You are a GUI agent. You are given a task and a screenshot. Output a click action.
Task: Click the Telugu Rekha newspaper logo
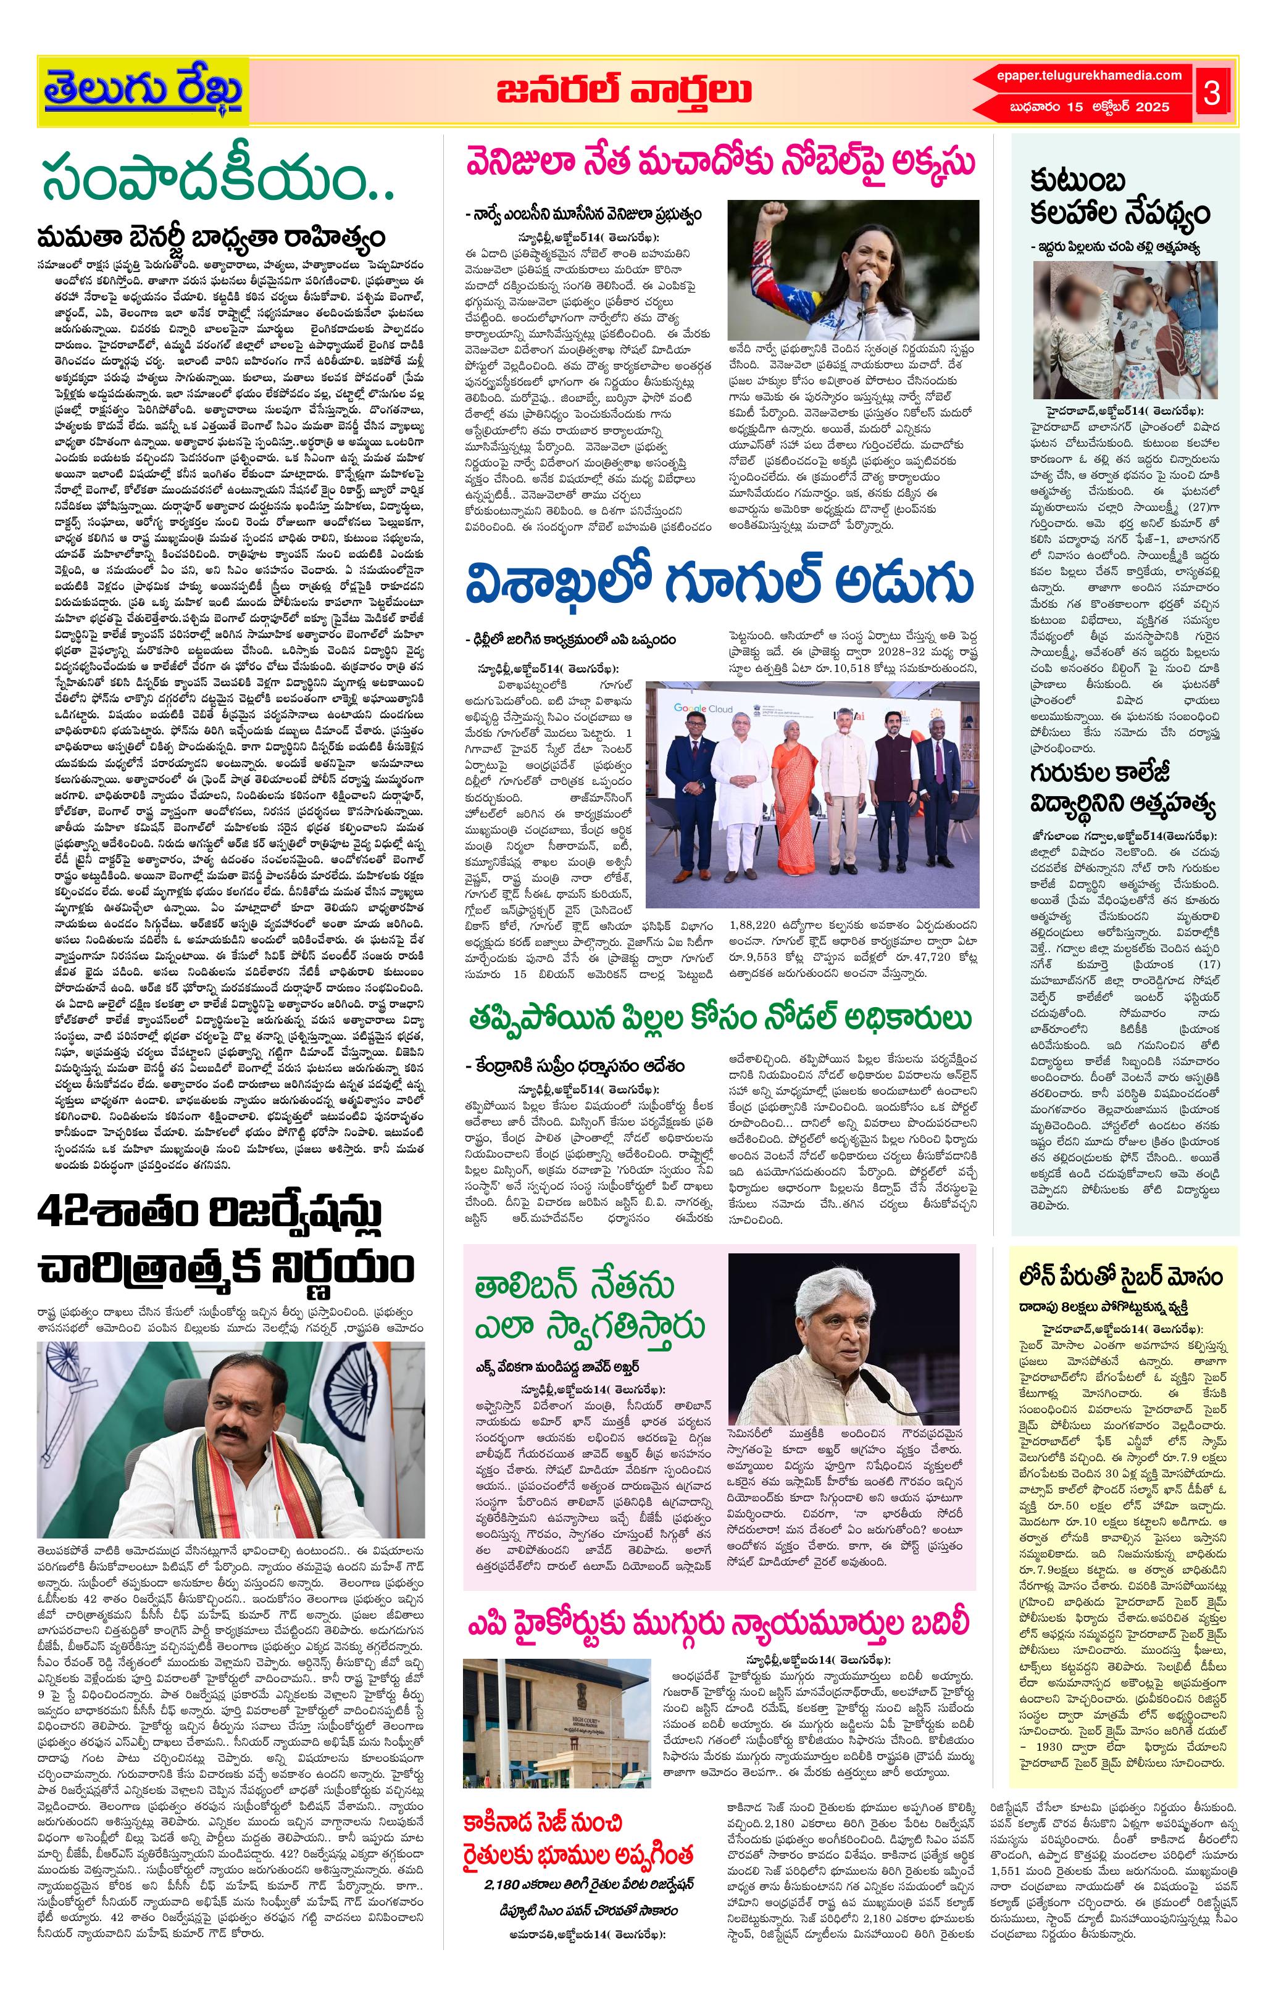click(x=143, y=91)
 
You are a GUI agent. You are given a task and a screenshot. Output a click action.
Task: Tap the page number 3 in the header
click(x=1212, y=93)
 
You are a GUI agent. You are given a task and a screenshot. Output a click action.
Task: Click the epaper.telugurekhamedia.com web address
click(x=1088, y=76)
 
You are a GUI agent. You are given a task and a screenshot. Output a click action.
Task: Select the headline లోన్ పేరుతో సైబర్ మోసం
click(x=1120, y=1276)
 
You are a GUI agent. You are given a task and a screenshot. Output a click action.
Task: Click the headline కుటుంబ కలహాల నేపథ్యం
click(x=1119, y=197)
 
